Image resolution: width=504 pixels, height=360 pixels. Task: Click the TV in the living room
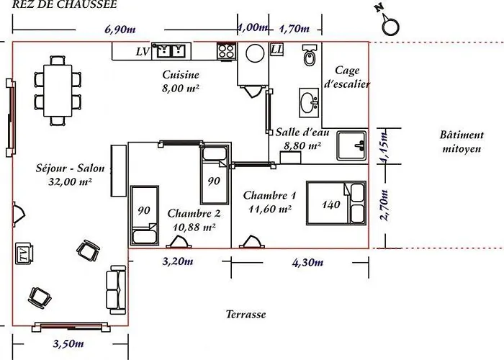[24, 253]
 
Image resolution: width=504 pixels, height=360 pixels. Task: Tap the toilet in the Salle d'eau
[310, 55]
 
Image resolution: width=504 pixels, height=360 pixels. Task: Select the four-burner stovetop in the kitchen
[227, 51]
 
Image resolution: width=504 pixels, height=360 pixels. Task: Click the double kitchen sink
[171, 51]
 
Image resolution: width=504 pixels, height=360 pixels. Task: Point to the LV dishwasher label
[143, 51]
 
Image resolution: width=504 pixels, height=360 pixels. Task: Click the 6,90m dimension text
[120, 30]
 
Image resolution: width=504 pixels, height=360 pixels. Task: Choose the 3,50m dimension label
[68, 344]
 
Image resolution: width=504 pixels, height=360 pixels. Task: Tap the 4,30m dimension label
[307, 263]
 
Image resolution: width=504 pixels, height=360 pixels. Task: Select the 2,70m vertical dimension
[384, 205]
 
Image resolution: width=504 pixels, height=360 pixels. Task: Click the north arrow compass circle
[390, 27]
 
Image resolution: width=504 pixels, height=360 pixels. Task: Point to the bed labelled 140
[336, 203]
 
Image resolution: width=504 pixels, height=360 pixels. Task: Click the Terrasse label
[246, 314]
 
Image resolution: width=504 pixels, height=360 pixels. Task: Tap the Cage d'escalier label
[347, 77]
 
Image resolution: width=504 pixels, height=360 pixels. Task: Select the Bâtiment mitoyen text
[462, 142]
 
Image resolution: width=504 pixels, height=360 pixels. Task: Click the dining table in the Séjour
[58, 91]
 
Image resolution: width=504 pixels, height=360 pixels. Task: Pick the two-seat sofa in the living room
[116, 289]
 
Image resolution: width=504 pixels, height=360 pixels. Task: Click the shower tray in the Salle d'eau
[351, 145]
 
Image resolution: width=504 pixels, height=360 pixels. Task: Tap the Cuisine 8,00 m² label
[181, 81]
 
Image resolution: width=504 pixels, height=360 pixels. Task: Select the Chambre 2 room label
[194, 213]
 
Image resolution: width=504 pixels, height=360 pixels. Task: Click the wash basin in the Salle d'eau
[309, 103]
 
